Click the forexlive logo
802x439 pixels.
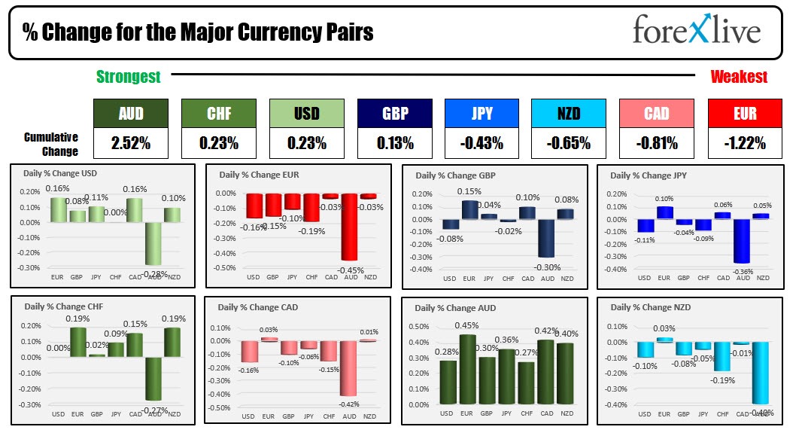pos(696,31)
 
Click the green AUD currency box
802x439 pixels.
pos(131,113)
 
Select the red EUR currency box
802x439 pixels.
pos(744,113)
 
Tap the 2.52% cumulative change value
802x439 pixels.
pos(131,142)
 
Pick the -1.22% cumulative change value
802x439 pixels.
pos(744,142)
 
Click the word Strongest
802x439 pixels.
pos(128,76)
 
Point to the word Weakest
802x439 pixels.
pos(739,76)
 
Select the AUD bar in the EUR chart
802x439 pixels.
pos(348,226)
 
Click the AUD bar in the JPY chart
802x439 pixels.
pos(743,241)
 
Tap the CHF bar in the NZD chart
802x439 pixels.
pos(722,356)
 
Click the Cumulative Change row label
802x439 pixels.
pos(51,144)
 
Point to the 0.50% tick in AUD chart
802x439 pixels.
pos(422,327)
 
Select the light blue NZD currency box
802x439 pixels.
pos(568,113)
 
